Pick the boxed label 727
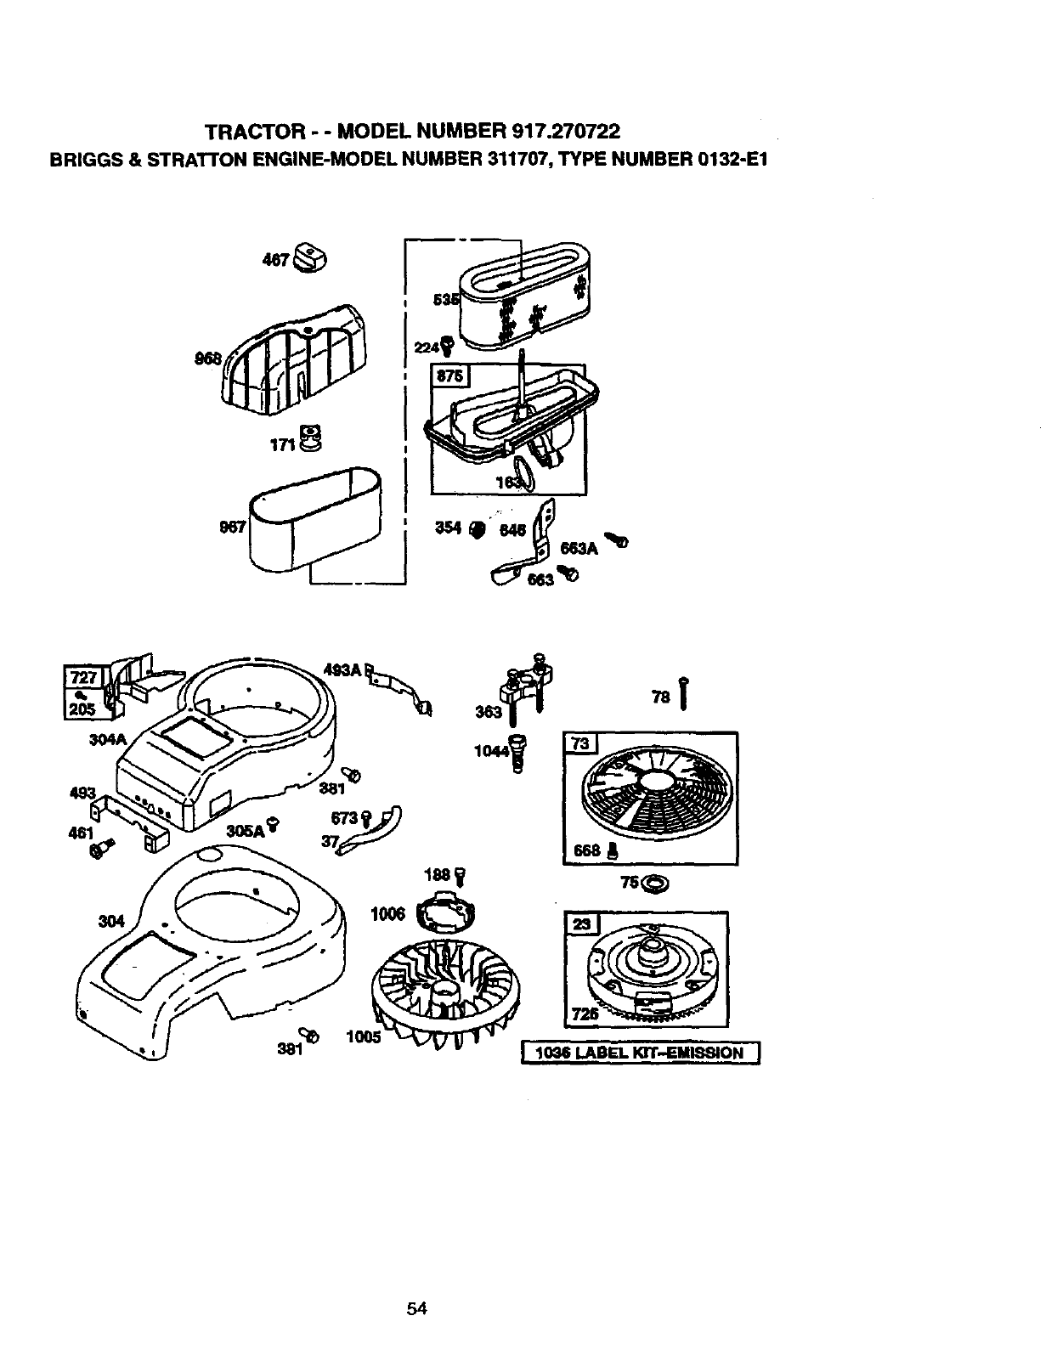pyautogui.click(x=83, y=678)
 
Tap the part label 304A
pyautogui.click(x=108, y=739)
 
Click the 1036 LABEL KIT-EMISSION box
pyautogui.click(x=640, y=1053)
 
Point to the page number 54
pyautogui.click(x=416, y=1309)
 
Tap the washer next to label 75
pyautogui.click(x=656, y=884)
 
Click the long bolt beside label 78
pyautogui.click(x=682, y=692)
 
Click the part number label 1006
pyautogui.click(x=387, y=914)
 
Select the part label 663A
pyautogui.click(x=578, y=550)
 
